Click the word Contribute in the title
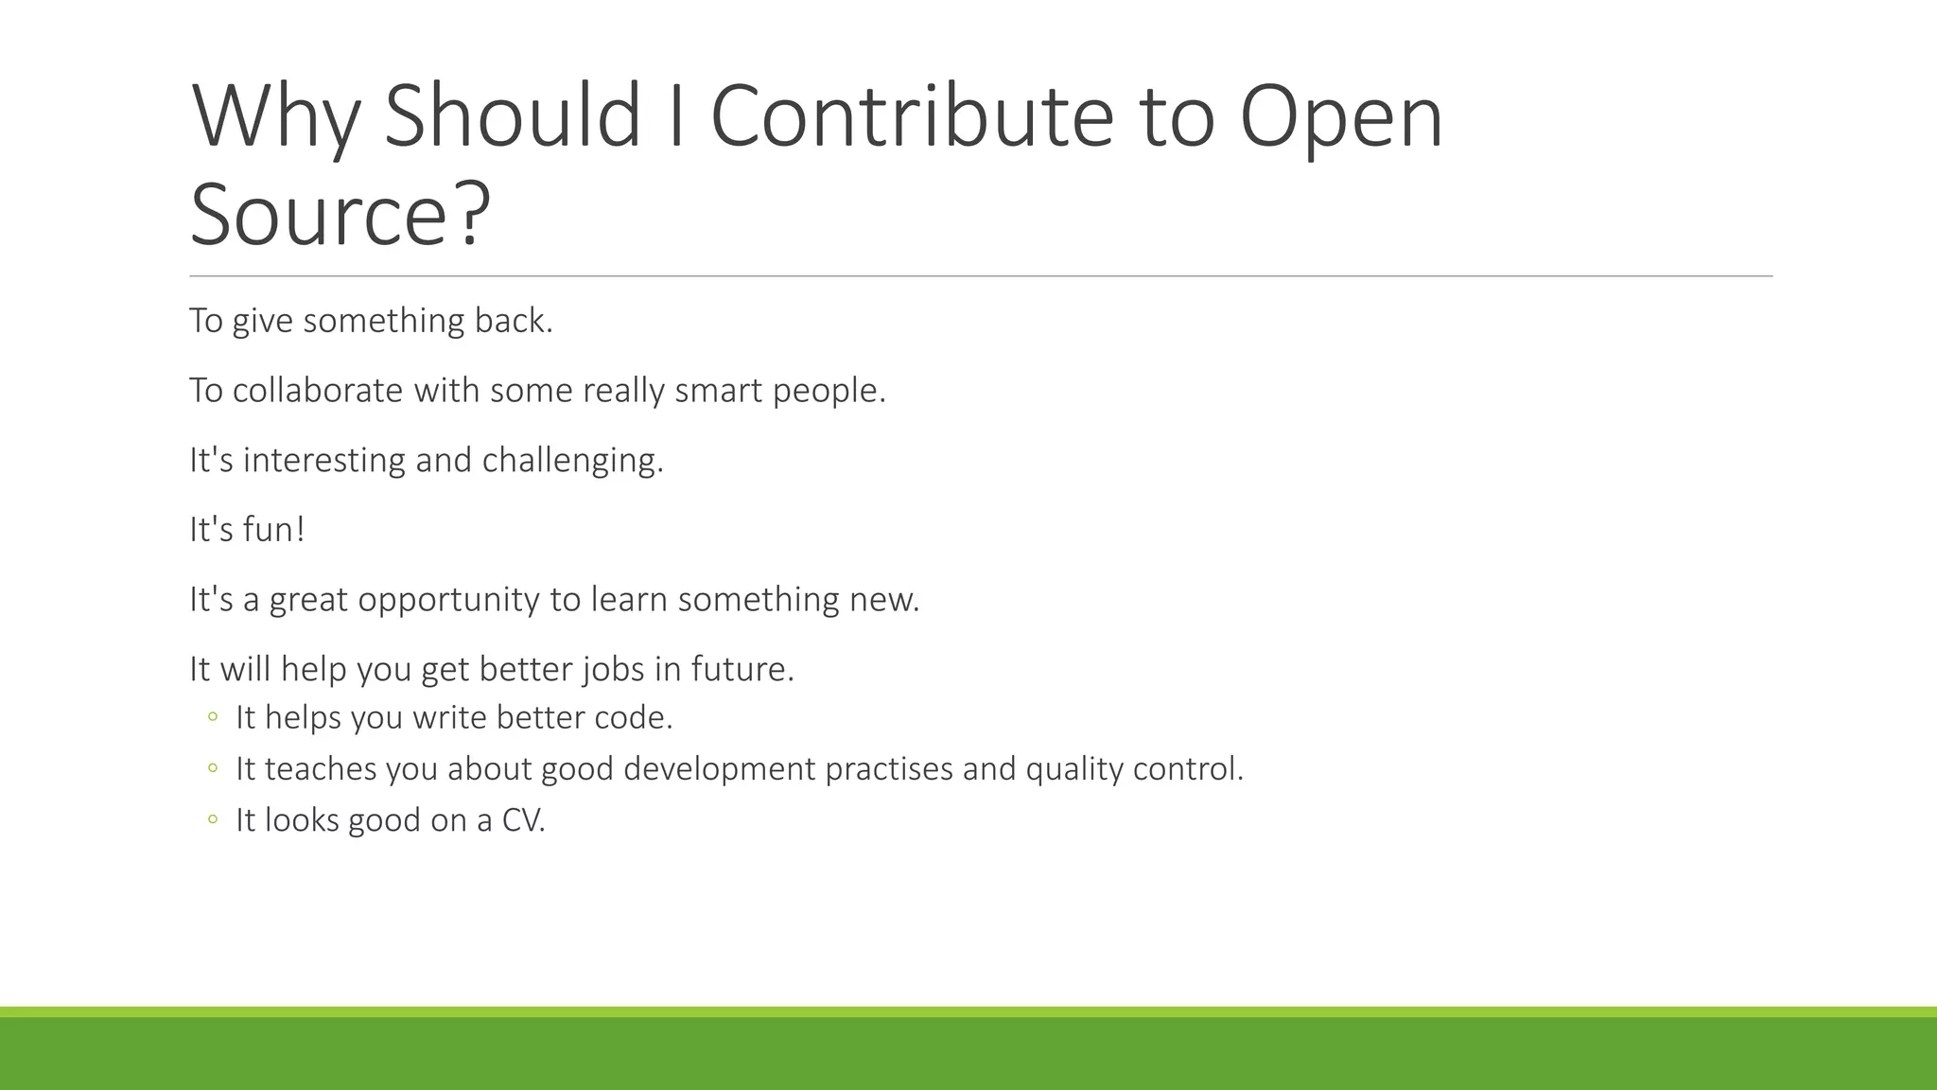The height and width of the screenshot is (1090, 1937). (912, 116)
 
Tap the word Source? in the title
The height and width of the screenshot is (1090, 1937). (340, 215)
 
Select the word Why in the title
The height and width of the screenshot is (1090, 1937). (275, 116)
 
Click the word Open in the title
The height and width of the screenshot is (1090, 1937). (1341, 116)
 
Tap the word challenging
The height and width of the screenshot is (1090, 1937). (572, 461)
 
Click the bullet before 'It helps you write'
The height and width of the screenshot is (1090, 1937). (213, 717)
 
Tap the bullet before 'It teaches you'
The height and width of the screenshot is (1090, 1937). (213, 768)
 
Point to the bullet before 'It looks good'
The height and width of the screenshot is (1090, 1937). (213, 819)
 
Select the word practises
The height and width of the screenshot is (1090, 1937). (888, 768)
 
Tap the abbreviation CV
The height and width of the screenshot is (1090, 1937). (522, 819)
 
